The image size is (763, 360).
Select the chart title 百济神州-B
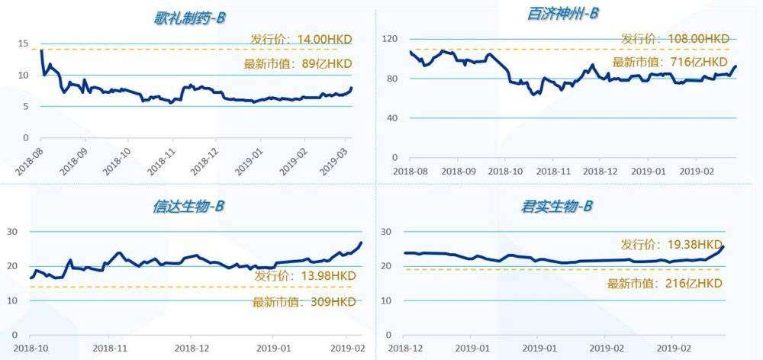point(563,14)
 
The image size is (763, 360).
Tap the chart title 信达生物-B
point(188,207)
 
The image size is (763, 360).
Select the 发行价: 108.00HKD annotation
point(674,38)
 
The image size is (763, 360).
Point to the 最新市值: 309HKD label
point(304,302)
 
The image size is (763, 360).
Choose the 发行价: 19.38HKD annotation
point(671,246)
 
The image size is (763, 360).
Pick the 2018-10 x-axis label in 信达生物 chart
point(30,347)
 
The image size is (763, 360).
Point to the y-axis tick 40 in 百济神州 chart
point(392,118)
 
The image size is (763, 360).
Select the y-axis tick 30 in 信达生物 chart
point(13,232)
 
